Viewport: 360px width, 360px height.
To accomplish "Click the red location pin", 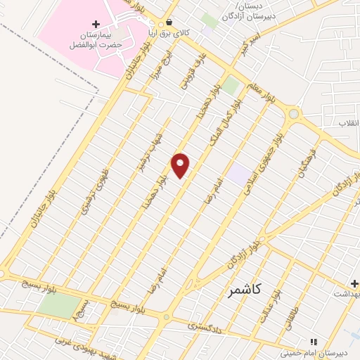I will click(x=181, y=165).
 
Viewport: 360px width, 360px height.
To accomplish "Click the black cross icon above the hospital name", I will click(x=96, y=25).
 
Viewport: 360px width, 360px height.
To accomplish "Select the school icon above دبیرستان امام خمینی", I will click(x=314, y=342).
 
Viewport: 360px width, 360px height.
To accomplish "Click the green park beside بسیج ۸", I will click(x=59, y=305).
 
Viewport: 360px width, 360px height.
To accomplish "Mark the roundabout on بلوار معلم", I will click(x=294, y=113).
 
